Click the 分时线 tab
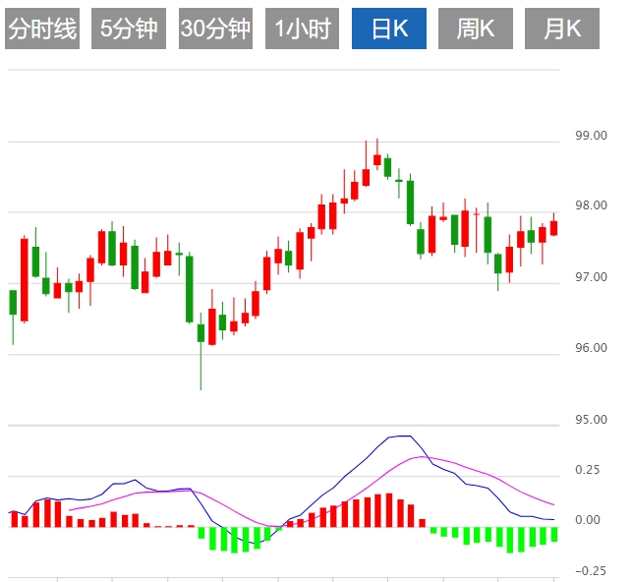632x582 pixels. coord(41,29)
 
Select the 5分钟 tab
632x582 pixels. coord(128,29)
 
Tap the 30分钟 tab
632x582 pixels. coord(215,29)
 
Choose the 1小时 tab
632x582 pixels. coord(302,29)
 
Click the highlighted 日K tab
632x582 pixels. coord(389,29)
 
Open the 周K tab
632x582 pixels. coord(476,29)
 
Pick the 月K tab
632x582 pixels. coord(562,29)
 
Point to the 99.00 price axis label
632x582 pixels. coord(591,136)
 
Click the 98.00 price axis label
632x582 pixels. coord(591,206)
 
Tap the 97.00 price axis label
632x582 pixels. coord(591,277)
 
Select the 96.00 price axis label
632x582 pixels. coord(591,348)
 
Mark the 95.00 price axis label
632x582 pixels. coord(591,420)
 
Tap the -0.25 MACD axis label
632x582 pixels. coord(590,571)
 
